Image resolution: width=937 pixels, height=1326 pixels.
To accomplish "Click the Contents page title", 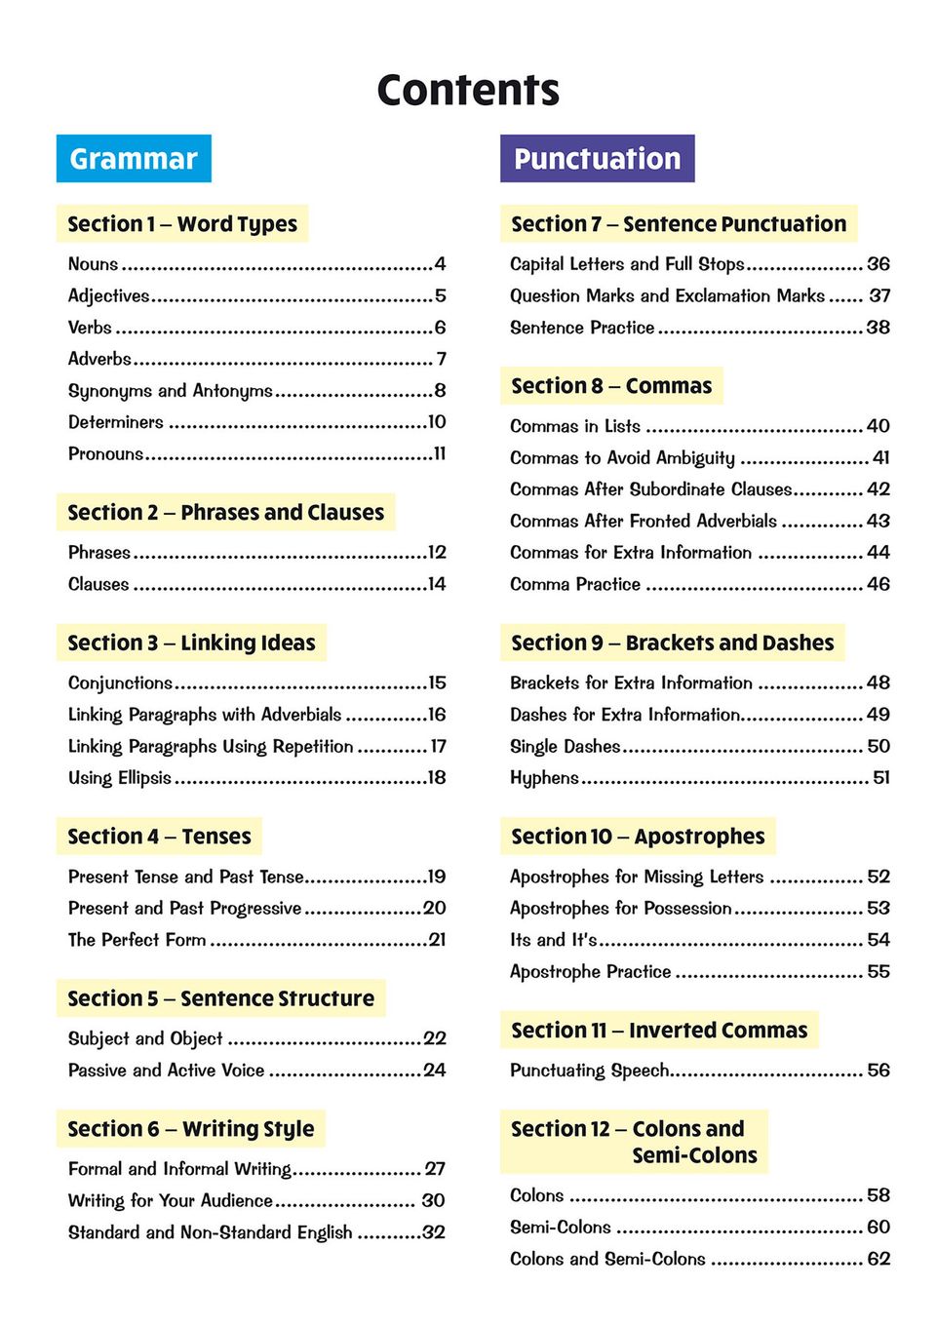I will [468, 90].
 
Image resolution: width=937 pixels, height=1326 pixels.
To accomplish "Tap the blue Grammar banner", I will [134, 158].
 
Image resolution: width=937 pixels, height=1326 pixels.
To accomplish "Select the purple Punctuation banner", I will [597, 158].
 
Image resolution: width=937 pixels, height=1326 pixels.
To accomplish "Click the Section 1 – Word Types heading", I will [182, 223].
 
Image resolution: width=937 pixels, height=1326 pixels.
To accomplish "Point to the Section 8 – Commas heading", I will [611, 385].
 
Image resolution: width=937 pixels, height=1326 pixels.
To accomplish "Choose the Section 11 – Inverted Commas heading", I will [659, 1030].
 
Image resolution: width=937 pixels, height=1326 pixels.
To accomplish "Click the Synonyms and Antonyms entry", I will [171, 390].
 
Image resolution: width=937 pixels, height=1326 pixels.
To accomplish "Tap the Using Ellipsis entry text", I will [120, 777].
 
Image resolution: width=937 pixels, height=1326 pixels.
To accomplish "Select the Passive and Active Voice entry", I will [167, 1070].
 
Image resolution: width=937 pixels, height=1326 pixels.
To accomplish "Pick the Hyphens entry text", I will [544, 777].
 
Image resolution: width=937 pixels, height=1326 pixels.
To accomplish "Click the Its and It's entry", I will [553, 939].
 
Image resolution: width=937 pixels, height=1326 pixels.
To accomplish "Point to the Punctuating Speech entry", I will [589, 1070].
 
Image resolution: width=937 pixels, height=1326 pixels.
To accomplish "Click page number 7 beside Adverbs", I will [441, 359].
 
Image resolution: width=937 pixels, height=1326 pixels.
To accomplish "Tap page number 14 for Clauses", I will [437, 584].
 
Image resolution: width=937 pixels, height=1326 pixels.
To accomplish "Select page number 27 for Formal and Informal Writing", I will [435, 1168].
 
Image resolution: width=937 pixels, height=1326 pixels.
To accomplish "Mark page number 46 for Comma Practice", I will [878, 584].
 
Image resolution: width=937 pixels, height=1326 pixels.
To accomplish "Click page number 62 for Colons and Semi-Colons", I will [878, 1259].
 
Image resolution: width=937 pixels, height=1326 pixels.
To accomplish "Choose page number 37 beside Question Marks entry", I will [879, 295].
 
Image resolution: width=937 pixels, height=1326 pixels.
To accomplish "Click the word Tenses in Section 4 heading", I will [216, 836].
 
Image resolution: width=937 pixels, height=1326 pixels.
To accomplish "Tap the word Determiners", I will [116, 422].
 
